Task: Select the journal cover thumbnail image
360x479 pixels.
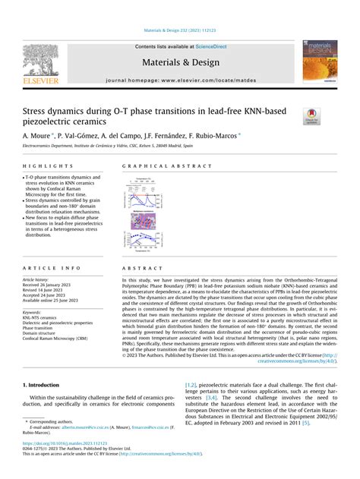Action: [320, 61]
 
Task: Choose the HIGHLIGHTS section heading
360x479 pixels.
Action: [43, 165]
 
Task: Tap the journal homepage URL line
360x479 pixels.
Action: [180, 80]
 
